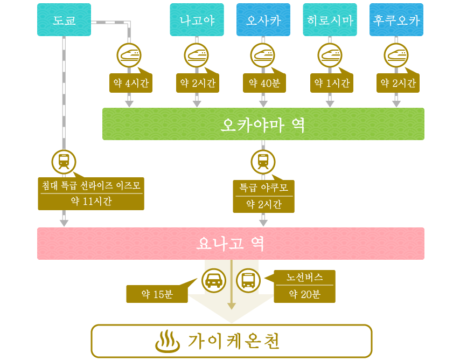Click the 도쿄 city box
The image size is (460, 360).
pos(64,20)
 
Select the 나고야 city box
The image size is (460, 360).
pos(197,20)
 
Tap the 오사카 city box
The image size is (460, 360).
pos(263,20)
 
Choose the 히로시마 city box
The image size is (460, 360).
pos(330,20)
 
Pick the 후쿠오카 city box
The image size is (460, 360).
pos(396,20)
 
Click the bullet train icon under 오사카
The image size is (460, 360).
pos(263,56)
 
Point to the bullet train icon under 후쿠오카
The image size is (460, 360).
pos(396,56)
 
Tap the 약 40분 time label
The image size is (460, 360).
pos(264,83)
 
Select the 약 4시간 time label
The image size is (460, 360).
pos(131,83)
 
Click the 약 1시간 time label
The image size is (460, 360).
pos(332,83)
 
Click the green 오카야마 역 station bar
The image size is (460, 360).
pos(263,124)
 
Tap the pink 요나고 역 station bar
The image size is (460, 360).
pos(231,244)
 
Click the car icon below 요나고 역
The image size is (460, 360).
pos(214,281)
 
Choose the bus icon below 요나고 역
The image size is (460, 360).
pos(248,281)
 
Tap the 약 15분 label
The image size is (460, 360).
pos(157,294)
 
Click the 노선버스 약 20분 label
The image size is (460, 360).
pos(304,286)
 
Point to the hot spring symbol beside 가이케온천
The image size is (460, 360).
pos(168,342)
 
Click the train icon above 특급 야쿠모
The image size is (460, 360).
pos(263,162)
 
